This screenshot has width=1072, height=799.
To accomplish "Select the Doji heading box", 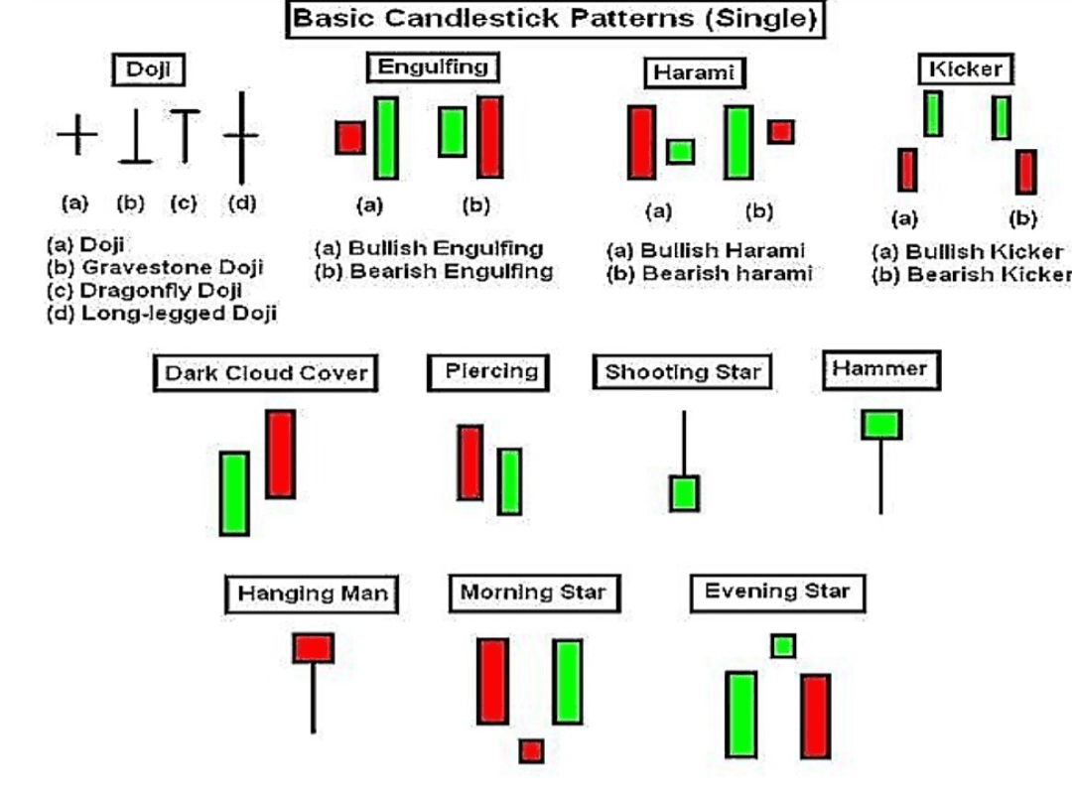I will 148,70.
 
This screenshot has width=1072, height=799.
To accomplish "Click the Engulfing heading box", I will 433,67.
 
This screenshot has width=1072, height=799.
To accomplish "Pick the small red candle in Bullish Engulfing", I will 349,137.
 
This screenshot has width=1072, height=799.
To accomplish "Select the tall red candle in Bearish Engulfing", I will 489,136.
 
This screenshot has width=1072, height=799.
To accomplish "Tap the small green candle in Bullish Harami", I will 680,151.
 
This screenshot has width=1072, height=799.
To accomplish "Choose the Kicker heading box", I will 966,68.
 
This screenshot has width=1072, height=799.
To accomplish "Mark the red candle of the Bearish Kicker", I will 1026,171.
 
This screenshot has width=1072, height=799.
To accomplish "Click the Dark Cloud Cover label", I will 266,374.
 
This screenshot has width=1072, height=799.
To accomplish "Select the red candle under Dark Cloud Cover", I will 280,454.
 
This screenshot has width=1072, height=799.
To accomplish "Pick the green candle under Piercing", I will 509,481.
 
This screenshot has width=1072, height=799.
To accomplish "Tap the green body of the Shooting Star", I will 684,492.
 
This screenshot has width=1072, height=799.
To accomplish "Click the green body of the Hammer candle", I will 881,424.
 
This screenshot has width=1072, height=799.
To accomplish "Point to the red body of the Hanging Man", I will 313,648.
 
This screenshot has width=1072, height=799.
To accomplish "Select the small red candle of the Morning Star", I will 531,750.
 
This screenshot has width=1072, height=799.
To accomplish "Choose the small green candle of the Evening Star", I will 783,646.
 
